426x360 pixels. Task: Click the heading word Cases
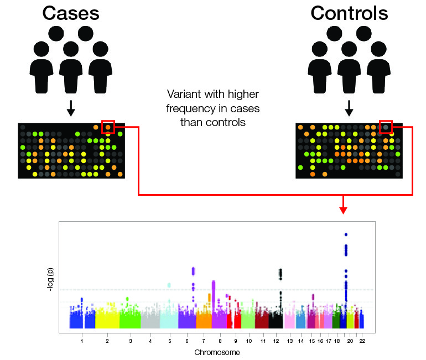(71, 13)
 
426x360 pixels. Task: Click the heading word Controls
(350, 13)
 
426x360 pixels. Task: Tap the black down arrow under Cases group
(71, 108)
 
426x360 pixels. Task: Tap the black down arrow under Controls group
(349, 108)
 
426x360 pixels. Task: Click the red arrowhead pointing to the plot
(344, 210)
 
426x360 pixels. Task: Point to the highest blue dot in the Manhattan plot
(346, 234)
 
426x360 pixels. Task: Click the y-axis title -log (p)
(50, 280)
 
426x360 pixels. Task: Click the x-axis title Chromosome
(217, 352)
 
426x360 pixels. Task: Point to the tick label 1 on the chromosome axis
(82, 341)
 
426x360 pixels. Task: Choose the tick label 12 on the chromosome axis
(276, 341)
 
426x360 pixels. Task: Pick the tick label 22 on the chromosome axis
(362, 341)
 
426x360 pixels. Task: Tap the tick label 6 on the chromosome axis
(187, 341)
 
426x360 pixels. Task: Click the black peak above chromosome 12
(280, 274)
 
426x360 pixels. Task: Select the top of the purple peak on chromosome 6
(193, 269)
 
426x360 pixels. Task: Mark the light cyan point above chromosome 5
(169, 285)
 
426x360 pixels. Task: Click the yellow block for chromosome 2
(107, 318)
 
